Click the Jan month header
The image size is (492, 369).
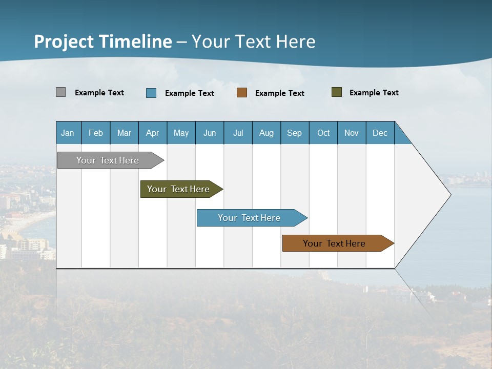tap(68, 133)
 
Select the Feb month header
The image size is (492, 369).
tap(96, 133)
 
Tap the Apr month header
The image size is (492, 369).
tap(152, 133)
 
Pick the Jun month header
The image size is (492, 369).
tap(210, 133)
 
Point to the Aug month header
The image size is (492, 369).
tap(266, 133)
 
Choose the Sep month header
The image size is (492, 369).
tap(294, 133)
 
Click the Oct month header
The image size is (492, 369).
tap(323, 133)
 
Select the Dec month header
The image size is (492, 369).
tap(380, 133)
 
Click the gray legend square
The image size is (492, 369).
tap(61, 92)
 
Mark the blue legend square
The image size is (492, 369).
tap(151, 93)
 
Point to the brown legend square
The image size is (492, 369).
tap(242, 93)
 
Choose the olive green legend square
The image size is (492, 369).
tap(337, 92)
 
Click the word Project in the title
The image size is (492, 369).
tap(64, 42)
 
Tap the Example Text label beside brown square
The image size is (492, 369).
tap(279, 93)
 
